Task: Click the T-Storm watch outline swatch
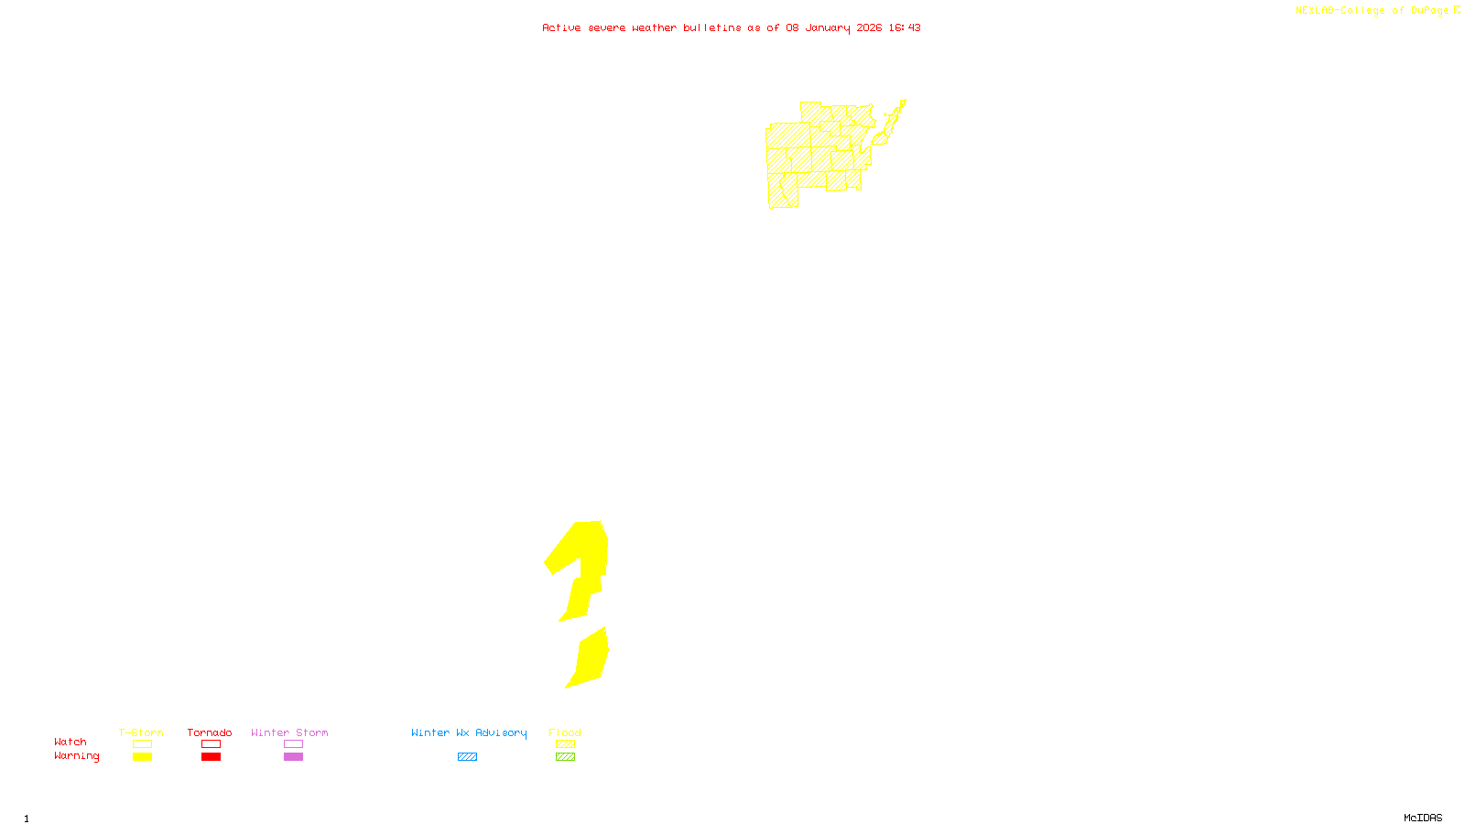tap(142, 744)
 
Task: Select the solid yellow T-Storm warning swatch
tap(142, 757)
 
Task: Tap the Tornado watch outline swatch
tap(211, 744)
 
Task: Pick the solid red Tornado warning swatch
tap(211, 757)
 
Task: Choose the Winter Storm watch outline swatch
tap(293, 744)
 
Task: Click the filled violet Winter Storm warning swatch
tap(293, 757)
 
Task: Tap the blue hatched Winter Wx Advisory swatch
tap(467, 757)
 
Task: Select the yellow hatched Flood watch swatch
tap(565, 744)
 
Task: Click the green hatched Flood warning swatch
tap(565, 757)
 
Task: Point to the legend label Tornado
tap(210, 732)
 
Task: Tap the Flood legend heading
tap(565, 732)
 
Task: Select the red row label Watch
tap(71, 742)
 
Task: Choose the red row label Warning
tap(77, 756)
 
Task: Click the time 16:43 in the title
tap(905, 27)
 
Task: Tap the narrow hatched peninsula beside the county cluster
tap(892, 119)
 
